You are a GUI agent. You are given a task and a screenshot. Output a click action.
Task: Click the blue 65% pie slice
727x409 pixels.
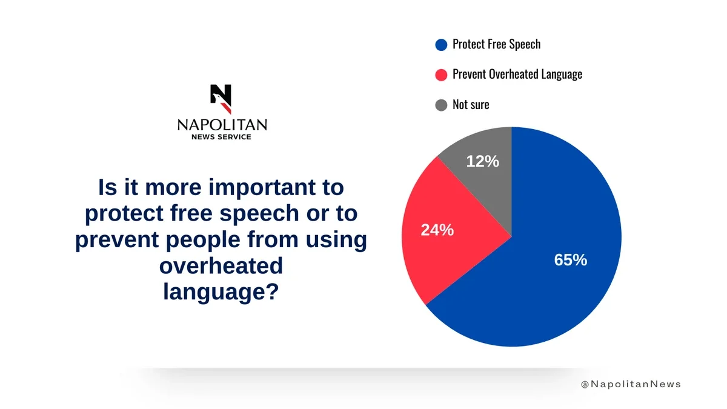(x=545, y=285)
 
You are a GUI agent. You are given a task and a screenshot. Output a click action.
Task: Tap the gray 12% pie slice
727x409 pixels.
(x=485, y=182)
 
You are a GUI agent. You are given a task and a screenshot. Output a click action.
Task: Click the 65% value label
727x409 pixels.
(x=570, y=260)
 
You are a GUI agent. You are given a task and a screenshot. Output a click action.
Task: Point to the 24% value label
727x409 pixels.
(x=437, y=230)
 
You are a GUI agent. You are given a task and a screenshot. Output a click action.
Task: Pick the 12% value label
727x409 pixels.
(x=483, y=162)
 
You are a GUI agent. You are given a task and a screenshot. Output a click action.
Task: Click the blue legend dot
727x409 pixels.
(x=441, y=44)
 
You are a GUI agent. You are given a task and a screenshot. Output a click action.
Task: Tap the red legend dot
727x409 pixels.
(x=441, y=75)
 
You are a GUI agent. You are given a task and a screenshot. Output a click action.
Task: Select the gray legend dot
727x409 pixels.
(x=441, y=105)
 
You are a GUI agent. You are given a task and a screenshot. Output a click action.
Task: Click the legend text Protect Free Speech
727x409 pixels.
(x=496, y=44)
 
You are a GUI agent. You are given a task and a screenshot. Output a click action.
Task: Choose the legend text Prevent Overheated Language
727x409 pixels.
(x=517, y=75)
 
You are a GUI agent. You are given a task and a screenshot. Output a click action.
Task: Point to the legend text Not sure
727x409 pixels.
(x=471, y=105)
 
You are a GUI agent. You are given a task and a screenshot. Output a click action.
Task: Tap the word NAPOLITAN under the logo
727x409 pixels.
(x=222, y=125)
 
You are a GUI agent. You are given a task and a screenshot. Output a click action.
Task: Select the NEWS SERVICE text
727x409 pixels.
(x=221, y=137)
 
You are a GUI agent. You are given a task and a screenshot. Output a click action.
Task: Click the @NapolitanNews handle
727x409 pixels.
(x=631, y=384)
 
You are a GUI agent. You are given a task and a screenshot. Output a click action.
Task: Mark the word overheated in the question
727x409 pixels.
(x=221, y=266)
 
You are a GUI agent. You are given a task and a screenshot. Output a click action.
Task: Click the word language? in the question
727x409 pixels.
(x=221, y=292)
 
